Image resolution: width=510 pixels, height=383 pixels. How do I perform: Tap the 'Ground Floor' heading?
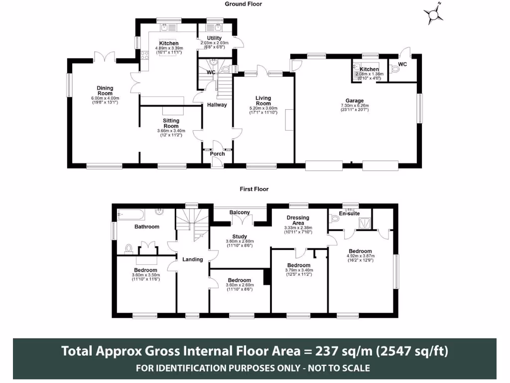pyautogui.click(x=243, y=4)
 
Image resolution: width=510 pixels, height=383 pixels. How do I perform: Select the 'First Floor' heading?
pyautogui.click(x=254, y=189)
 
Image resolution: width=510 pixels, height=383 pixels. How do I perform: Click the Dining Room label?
pyautogui.click(x=105, y=91)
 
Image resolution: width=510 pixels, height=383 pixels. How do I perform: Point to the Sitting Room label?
pyautogui.click(x=171, y=123)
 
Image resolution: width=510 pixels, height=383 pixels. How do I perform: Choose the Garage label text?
pyautogui.click(x=355, y=100)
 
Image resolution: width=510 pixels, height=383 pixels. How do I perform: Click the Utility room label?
pyautogui.click(x=214, y=38)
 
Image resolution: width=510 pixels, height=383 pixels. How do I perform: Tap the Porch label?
pyautogui.click(x=217, y=154)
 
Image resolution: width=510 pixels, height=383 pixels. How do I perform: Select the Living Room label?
pyautogui.click(x=263, y=100)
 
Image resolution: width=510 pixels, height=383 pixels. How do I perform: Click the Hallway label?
pyautogui.click(x=217, y=105)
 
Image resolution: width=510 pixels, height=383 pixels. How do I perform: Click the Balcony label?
pyautogui.click(x=240, y=212)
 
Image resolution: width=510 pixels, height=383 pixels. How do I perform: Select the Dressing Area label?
pyautogui.click(x=298, y=220)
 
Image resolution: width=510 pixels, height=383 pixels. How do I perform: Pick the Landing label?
pyautogui.click(x=193, y=259)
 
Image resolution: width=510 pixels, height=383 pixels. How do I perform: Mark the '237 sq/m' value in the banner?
pyautogui.click(x=338, y=351)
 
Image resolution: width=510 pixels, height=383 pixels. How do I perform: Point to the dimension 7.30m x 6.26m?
pyautogui.click(x=355, y=105)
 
